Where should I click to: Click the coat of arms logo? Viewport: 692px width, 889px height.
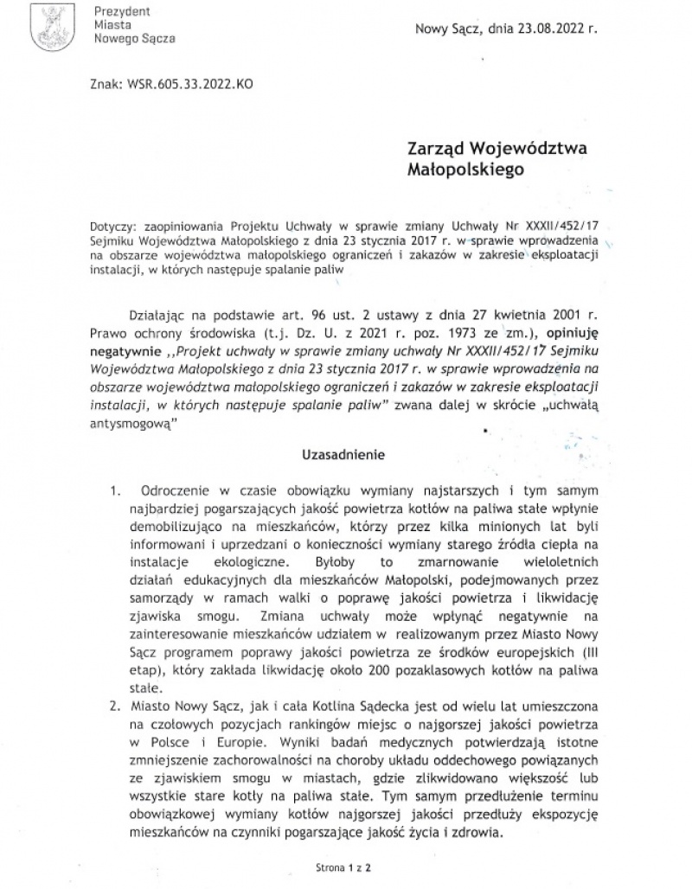pos(47,28)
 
